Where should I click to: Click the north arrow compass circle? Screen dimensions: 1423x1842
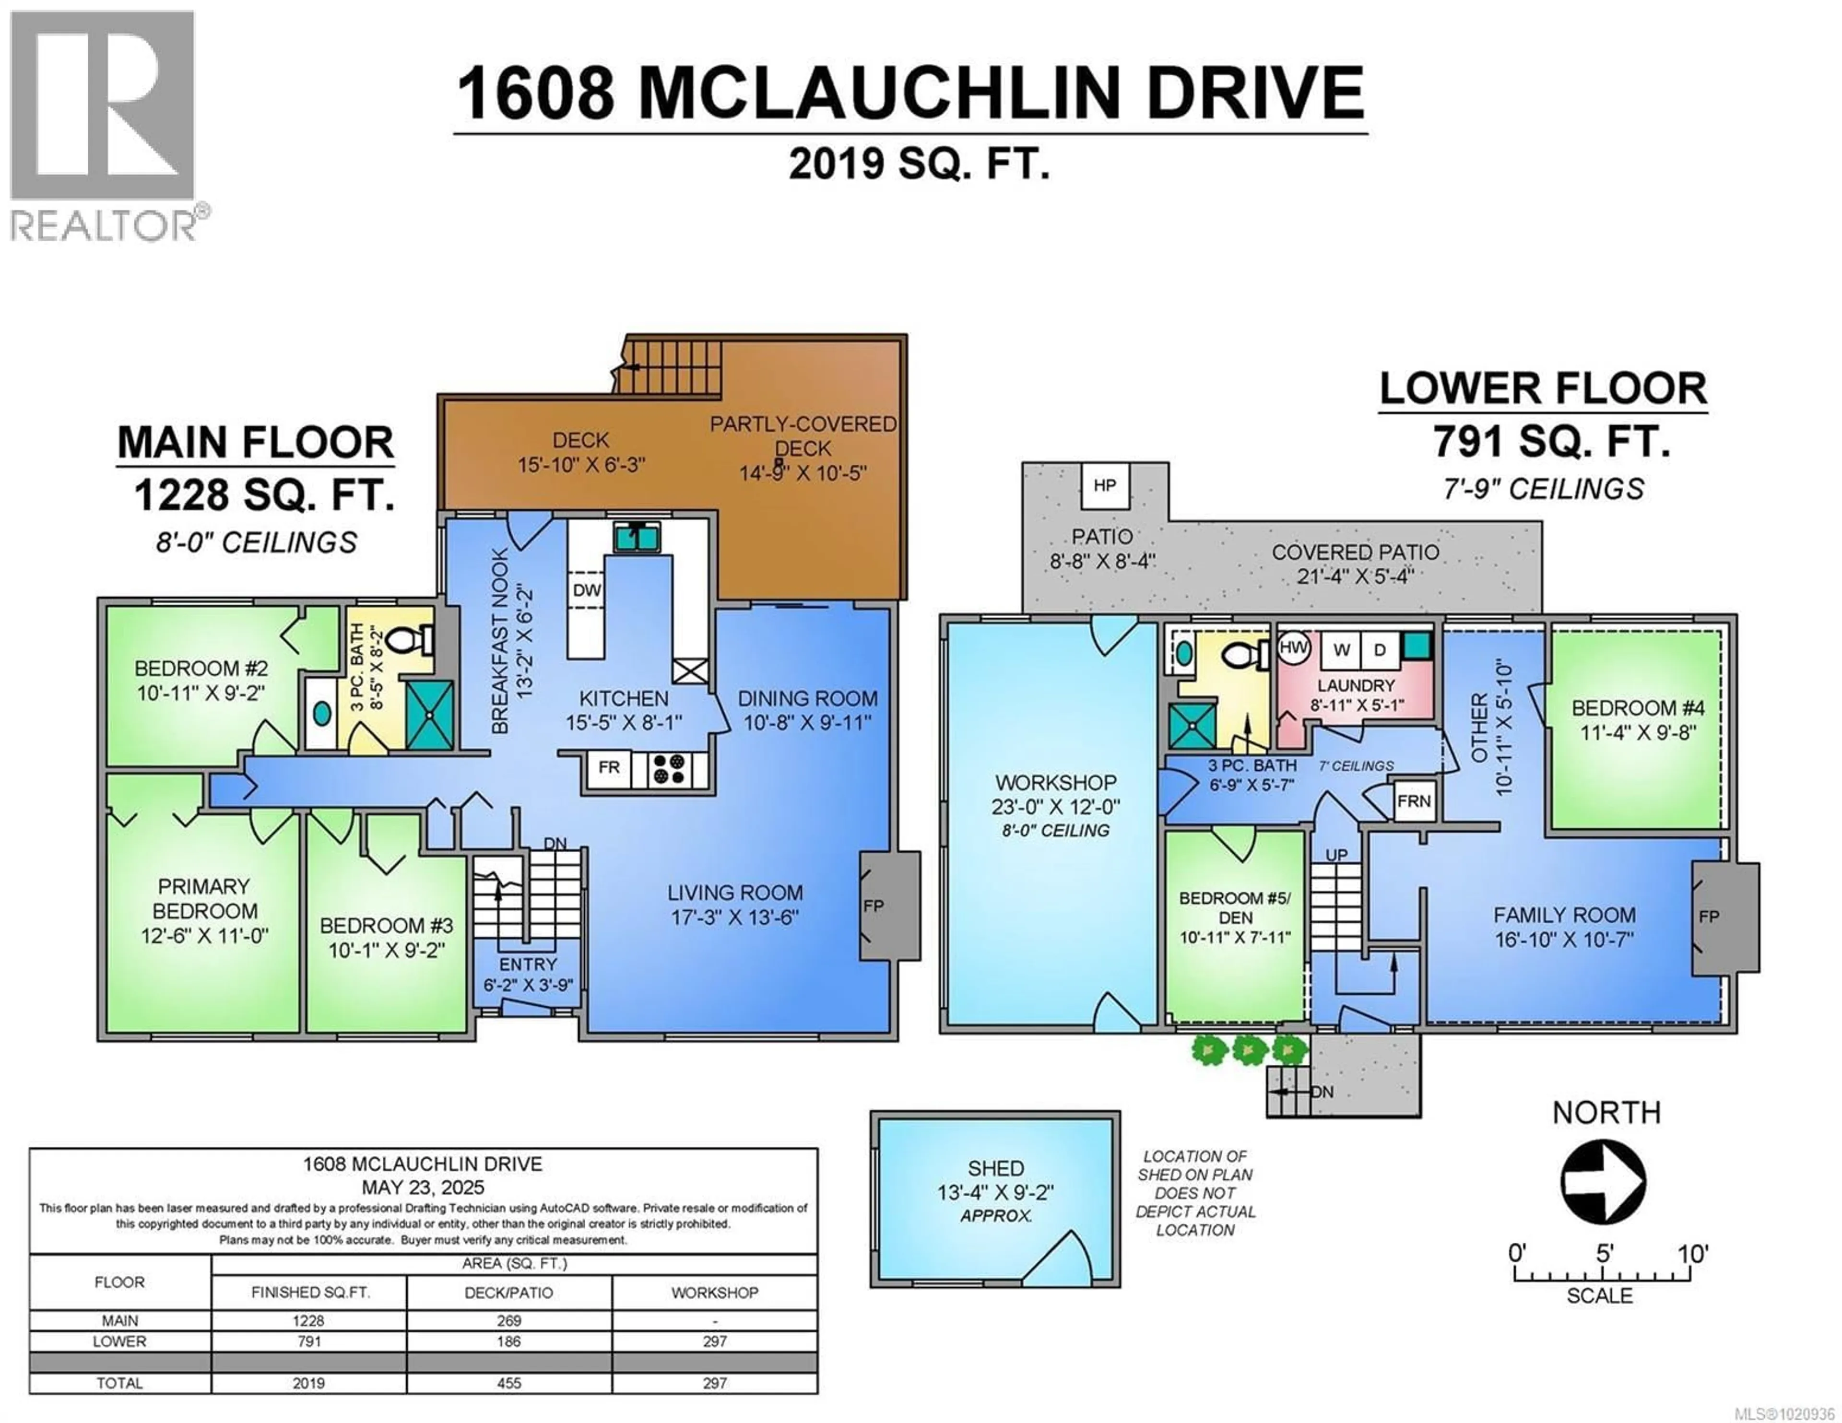1603,1181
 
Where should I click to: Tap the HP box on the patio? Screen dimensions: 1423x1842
1104,485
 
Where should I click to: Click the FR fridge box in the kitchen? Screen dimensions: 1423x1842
609,767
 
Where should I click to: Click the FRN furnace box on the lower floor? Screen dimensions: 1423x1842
1414,800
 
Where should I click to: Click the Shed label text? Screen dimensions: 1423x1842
995,1168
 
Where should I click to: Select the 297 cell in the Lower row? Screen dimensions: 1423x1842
714,1341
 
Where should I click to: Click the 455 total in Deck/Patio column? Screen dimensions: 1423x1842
508,1383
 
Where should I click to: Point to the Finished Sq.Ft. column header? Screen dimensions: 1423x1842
309,1292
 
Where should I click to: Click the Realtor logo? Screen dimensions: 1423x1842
103,127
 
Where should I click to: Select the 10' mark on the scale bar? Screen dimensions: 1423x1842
1691,1254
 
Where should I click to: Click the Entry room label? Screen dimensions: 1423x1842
528,964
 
